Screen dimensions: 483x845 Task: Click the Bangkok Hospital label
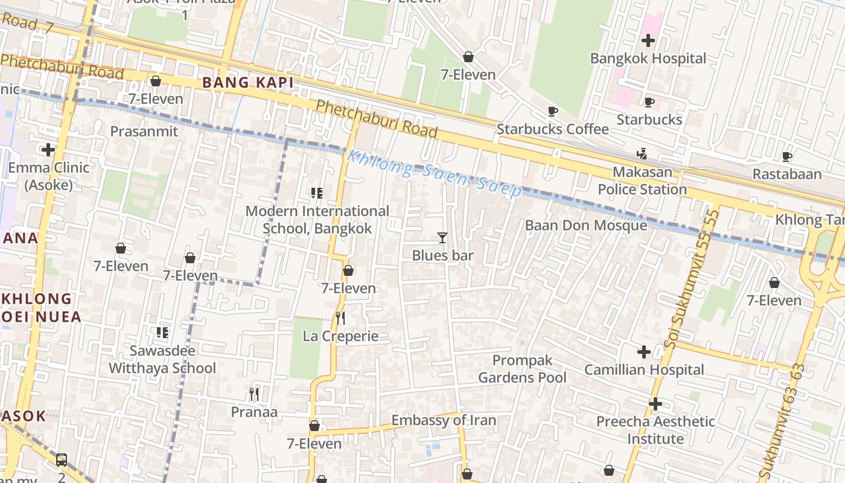click(x=648, y=59)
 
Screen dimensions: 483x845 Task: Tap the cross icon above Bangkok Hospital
click(x=648, y=40)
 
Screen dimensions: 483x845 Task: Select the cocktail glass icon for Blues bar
click(x=442, y=238)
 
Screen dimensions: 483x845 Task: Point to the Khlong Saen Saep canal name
click(x=434, y=173)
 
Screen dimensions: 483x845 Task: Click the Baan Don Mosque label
click(x=585, y=225)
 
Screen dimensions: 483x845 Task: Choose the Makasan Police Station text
click(x=642, y=181)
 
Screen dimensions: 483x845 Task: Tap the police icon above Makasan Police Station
click(x=642, y=154)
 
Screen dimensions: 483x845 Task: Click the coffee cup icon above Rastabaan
click(x=786, y=157)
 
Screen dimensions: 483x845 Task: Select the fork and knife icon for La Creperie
click(x=340, y=318)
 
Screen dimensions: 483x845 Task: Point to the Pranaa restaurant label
click(x=254, y=412)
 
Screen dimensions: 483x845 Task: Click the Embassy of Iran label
click(x=444, y=420)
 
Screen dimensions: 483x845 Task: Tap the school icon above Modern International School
click(x=316, y=193)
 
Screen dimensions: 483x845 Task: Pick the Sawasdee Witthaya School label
click(x=162, y=359)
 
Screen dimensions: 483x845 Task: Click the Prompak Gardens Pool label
click(x=522, y=369)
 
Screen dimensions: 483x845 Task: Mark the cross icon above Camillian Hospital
click(x=643, y=351)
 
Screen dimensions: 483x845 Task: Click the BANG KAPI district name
click(x=247, y=83)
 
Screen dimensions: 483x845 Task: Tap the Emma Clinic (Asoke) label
click(x=48, y=176)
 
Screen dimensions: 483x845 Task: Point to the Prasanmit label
click(x=144, y=132)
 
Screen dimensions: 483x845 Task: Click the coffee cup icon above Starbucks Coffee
click(x=552, y=111)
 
